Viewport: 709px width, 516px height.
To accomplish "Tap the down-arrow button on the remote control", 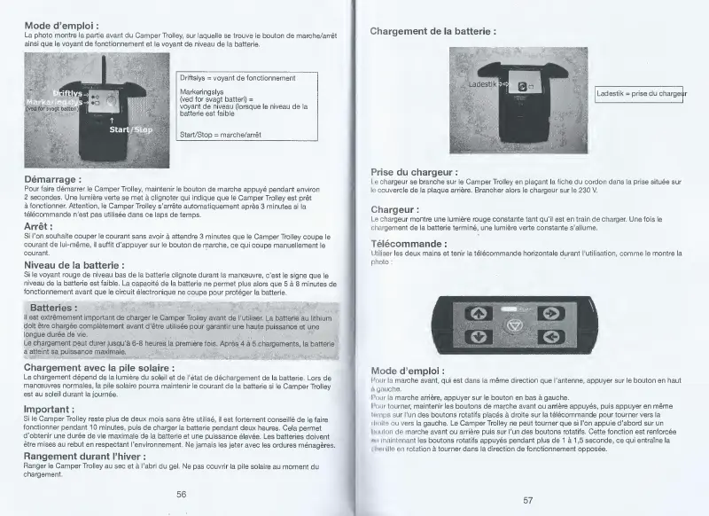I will [x=477, y=337].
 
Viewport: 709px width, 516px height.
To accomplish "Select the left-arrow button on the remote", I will [x=549, y=337].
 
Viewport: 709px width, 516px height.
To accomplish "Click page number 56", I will [x=181, y=494].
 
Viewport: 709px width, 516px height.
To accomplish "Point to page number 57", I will [x=527, y=499].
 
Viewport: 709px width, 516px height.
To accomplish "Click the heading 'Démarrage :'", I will [x=53, y=180].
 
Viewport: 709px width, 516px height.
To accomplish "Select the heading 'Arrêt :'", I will [x=40, y=226].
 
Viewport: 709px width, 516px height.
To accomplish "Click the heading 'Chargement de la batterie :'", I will [x=432, y=31].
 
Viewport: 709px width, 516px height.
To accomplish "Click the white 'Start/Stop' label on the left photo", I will [x=129, y=129].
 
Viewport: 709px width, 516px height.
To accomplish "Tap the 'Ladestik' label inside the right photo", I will [x=483, y=82].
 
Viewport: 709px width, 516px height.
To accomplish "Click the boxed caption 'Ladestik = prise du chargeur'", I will [x=642, y=93].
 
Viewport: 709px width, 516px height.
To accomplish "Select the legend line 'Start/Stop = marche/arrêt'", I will [x=220, y=134].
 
